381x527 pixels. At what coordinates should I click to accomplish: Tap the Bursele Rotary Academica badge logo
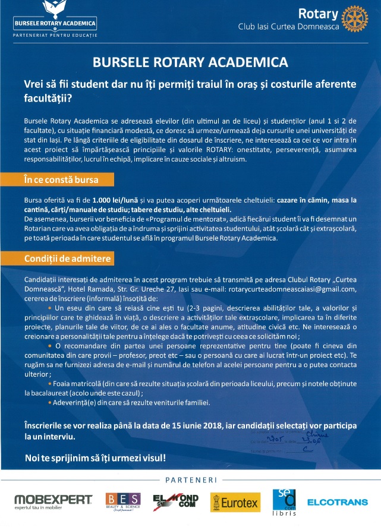(x=55, y=17)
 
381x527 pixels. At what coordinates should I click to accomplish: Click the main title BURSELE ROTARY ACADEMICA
(x=190, y=62)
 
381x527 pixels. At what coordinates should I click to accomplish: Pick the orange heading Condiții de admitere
(x=59, y=259)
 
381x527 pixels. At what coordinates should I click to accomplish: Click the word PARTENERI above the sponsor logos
(x=190, y=479)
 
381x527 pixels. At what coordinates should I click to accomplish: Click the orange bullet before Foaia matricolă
(x=49, y=384)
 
